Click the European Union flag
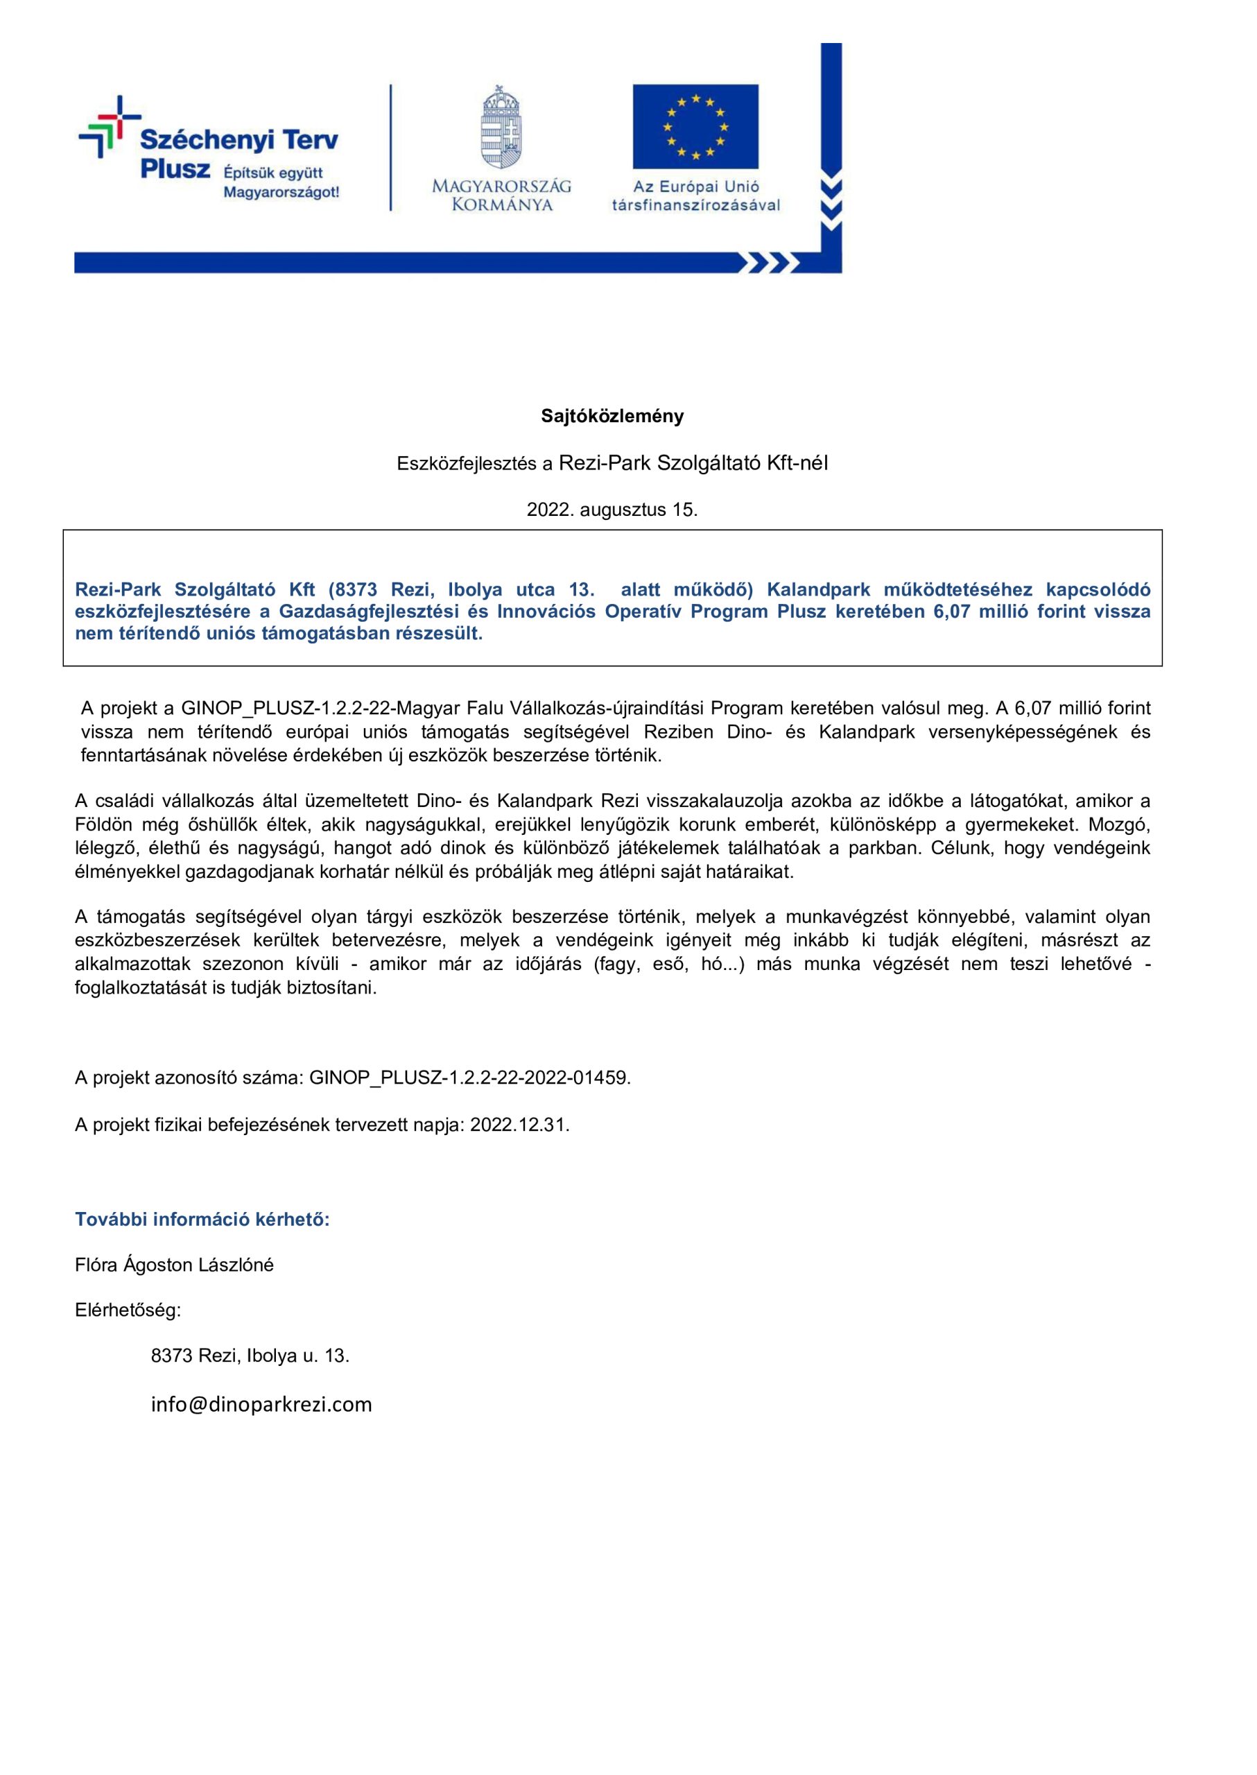(695, 126)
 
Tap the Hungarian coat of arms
(501, 127)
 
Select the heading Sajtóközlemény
(612, 417)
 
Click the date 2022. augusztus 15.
(612, 510)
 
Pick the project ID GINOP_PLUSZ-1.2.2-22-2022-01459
(469, 1077)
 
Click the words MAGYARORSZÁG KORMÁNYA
(501, 195)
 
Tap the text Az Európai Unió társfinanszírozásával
(696, 196)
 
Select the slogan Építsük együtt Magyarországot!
(281, 182)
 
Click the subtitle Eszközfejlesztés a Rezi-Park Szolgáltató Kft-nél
(612, 463)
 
